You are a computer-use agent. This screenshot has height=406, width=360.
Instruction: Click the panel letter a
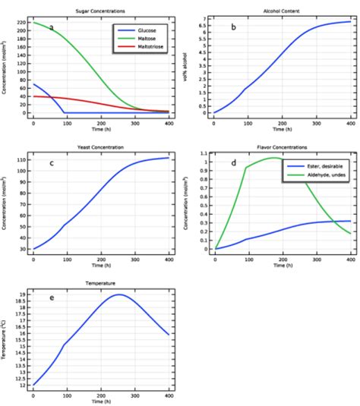52,28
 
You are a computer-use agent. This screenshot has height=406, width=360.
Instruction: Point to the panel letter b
233,28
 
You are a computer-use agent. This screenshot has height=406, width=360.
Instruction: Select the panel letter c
51,162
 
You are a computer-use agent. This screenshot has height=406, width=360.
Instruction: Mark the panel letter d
233,162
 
